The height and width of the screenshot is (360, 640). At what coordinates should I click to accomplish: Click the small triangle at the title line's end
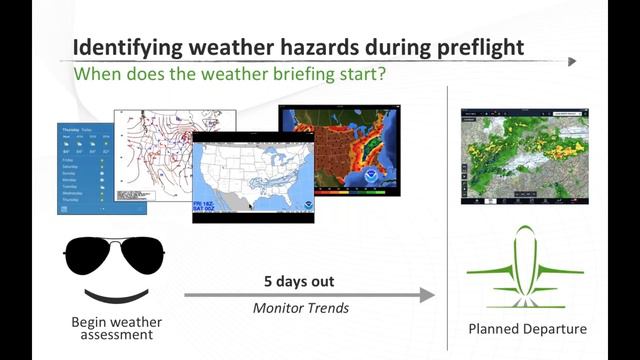pos(572,61)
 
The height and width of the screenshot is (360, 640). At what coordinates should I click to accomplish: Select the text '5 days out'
pos(299,281)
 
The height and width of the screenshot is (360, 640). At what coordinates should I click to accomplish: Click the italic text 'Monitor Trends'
pos(299,308)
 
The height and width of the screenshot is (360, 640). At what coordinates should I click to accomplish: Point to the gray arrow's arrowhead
pos(427,295)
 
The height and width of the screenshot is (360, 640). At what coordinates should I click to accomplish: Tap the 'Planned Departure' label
pos(527,329)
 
